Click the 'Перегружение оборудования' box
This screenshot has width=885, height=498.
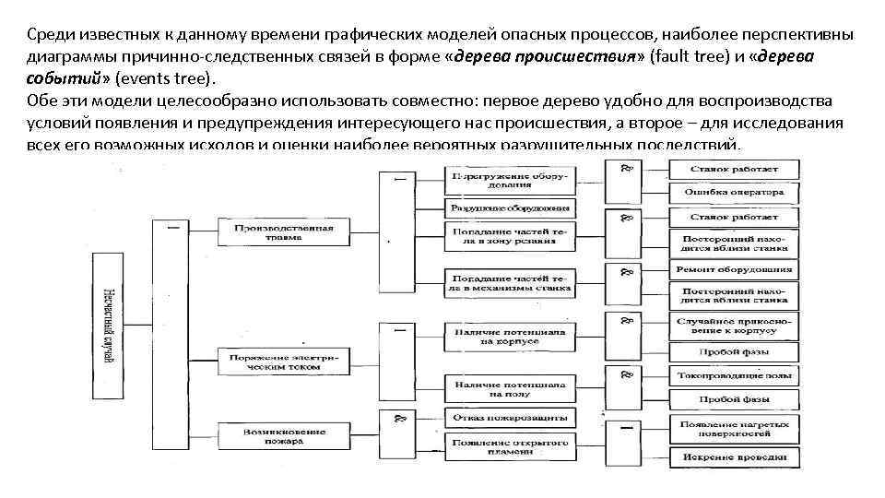point(511,179)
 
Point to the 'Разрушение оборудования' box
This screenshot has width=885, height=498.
point(511,207)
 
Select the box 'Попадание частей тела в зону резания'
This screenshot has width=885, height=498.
point(511,235)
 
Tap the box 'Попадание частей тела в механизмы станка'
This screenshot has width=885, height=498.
point(511,283)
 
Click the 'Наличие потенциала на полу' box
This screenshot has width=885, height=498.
point(511,388)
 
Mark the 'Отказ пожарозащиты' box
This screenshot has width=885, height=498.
point(511,418)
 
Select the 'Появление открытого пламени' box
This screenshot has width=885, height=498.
point(511,445)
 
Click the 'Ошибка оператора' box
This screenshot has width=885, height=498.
point(734,193)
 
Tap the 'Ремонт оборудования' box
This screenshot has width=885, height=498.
point(734,270)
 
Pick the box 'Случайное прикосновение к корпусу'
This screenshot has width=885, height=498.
point(734,325)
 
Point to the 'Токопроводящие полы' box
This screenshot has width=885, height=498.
point(734,376)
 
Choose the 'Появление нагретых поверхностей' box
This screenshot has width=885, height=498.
point(734,428)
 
